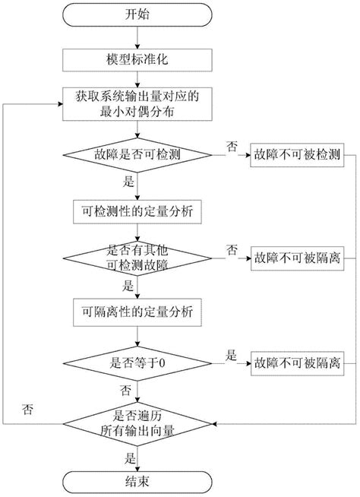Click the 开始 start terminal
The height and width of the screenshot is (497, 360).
click(137, 14)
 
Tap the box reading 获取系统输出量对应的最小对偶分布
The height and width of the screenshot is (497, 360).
click(137, 105)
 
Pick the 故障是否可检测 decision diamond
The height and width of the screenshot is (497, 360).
click(137, 156)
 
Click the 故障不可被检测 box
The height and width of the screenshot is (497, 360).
click(298, 156)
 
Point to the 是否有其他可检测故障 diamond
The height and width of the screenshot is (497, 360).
click(137, 259)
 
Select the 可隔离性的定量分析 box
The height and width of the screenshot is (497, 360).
click(137, 310)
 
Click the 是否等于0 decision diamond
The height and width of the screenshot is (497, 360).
click(137, 362)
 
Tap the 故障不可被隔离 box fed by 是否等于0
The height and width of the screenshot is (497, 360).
click(298, 362)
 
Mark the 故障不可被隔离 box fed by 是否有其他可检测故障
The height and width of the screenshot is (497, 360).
click(298, 259)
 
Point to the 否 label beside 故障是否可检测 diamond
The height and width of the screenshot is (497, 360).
click(230, 145)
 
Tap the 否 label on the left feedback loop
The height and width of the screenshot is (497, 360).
click(27, 410)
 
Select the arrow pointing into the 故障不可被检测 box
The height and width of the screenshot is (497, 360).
click(235, 156)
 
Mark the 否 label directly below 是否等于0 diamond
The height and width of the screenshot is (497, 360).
click(124, 389)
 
